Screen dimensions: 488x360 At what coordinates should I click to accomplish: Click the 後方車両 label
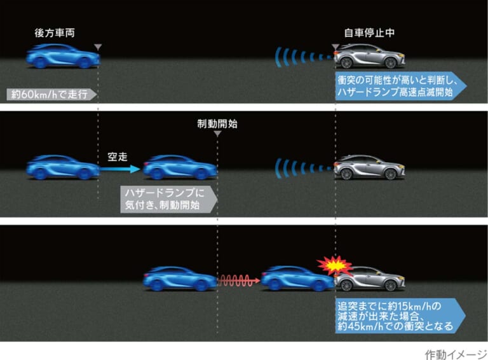55,32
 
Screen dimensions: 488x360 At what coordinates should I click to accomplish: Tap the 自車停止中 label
369,32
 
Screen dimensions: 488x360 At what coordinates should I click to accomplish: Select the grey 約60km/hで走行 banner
51,94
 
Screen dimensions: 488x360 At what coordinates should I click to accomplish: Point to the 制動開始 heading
217,123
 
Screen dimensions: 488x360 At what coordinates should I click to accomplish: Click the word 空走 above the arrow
118,156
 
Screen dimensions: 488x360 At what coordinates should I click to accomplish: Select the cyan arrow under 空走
120,169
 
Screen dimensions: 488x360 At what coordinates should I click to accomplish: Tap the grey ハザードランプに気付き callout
168,199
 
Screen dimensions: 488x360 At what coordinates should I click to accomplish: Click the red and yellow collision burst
335,266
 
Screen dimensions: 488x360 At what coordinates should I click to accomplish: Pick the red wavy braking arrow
239,280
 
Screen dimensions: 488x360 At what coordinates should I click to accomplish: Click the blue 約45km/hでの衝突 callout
400,315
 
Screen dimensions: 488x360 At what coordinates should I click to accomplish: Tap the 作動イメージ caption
456,354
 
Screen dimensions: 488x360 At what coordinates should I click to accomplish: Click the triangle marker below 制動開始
217,134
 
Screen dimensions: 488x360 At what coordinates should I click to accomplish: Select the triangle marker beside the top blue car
98,47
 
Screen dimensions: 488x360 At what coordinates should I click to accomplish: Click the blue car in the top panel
63,56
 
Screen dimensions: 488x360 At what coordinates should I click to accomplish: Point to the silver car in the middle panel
369,167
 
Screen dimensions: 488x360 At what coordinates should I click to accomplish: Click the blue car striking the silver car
298,278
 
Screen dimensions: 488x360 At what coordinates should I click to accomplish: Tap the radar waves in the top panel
304,57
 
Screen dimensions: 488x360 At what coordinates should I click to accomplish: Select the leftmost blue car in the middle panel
63,167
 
